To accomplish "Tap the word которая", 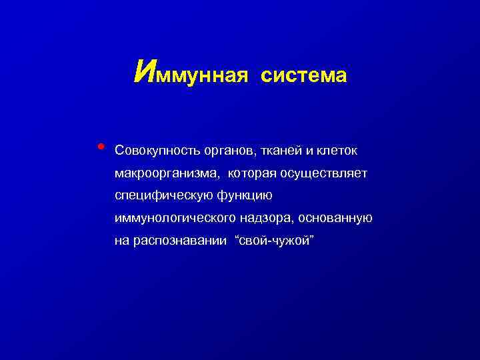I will (253, 174).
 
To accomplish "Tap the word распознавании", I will (178, 241).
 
